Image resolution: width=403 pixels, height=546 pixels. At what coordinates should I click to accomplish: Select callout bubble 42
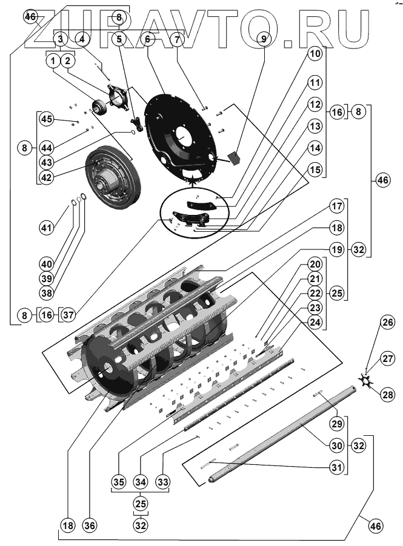tap(47, 177)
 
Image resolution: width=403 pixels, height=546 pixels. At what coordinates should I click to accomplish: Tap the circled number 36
tap(90, 525)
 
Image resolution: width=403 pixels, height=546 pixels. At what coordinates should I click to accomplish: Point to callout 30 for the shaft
tap(338, 445)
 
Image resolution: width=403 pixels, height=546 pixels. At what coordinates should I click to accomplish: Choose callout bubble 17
tap(338, 205)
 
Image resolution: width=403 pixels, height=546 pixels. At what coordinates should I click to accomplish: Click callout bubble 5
tap(119, 39)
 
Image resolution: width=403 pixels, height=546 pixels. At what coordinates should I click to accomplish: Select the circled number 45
tap(47, 119)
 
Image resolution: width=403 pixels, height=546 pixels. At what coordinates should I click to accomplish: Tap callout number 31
tap(338, 467)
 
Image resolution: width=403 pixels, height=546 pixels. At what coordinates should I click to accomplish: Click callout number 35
tap(118, 482)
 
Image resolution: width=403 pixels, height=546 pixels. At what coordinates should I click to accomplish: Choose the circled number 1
tap(53, 61)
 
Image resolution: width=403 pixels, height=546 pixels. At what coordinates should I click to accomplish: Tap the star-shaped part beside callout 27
tap(366, 380)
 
